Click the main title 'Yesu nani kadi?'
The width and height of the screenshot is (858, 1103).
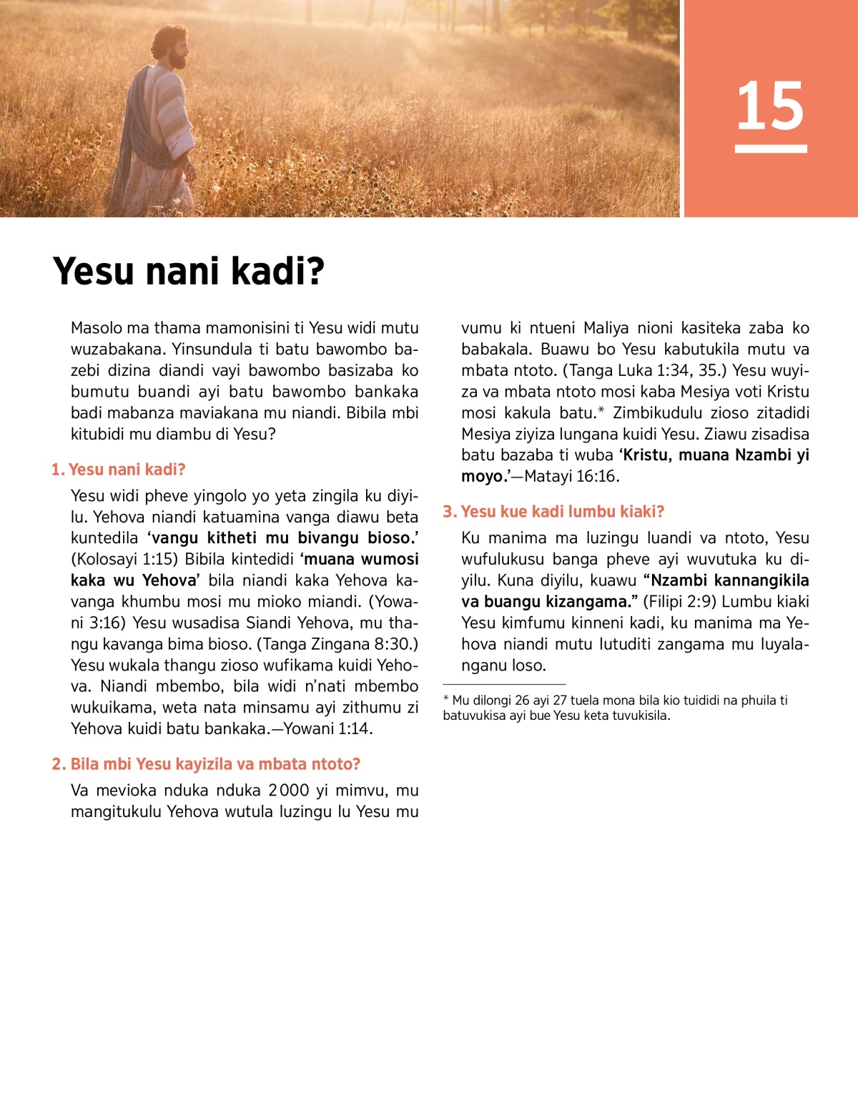pyautogui.click(x=189, y=272)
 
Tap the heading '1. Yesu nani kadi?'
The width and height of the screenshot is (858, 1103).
pyautogui.click(x=119, y=470)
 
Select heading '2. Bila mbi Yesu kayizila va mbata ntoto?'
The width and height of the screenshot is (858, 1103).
pyautogui.click(x=206, y=764)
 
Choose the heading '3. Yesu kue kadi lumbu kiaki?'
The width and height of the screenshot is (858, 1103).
pyautogui.click(x=553, y=512)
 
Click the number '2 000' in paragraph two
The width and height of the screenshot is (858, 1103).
pyautogui.click(x=289, y=791)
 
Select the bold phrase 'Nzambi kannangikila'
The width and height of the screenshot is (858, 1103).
pyautogui.click(x=730, y=580)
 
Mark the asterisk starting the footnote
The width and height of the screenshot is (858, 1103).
pyautogui.click(x=446, y=699)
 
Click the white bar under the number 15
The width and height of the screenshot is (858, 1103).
pyautogui.click(x=771, y=149)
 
